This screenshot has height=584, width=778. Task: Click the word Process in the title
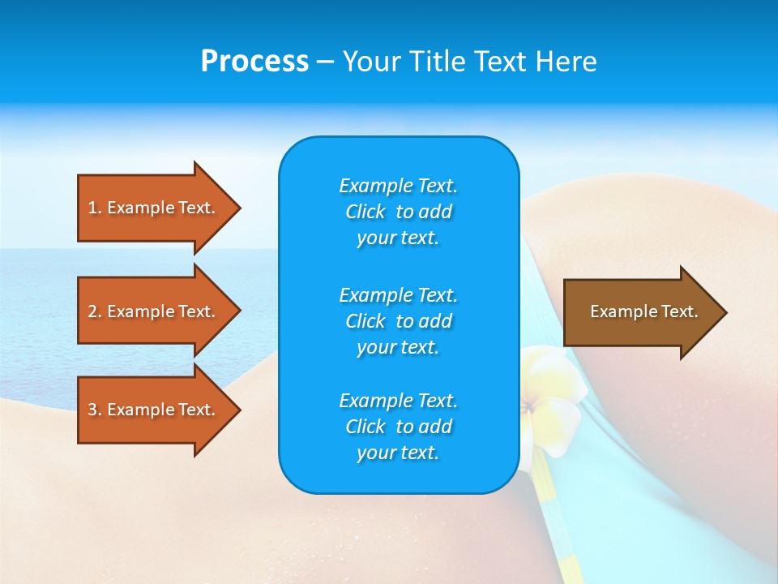(254, 62)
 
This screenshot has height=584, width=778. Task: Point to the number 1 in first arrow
(93, 208)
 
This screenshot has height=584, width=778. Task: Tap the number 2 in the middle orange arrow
(93, 311)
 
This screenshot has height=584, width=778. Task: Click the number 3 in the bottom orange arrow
(93, 410)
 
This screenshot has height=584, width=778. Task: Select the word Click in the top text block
(365, 213)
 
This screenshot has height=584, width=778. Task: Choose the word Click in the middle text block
(365, 321)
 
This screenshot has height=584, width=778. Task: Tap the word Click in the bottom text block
(365, 427)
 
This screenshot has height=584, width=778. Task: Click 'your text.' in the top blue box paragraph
(398, 238)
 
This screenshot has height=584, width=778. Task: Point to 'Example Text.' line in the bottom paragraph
(398, 401)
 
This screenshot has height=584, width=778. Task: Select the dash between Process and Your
(325, 62)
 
